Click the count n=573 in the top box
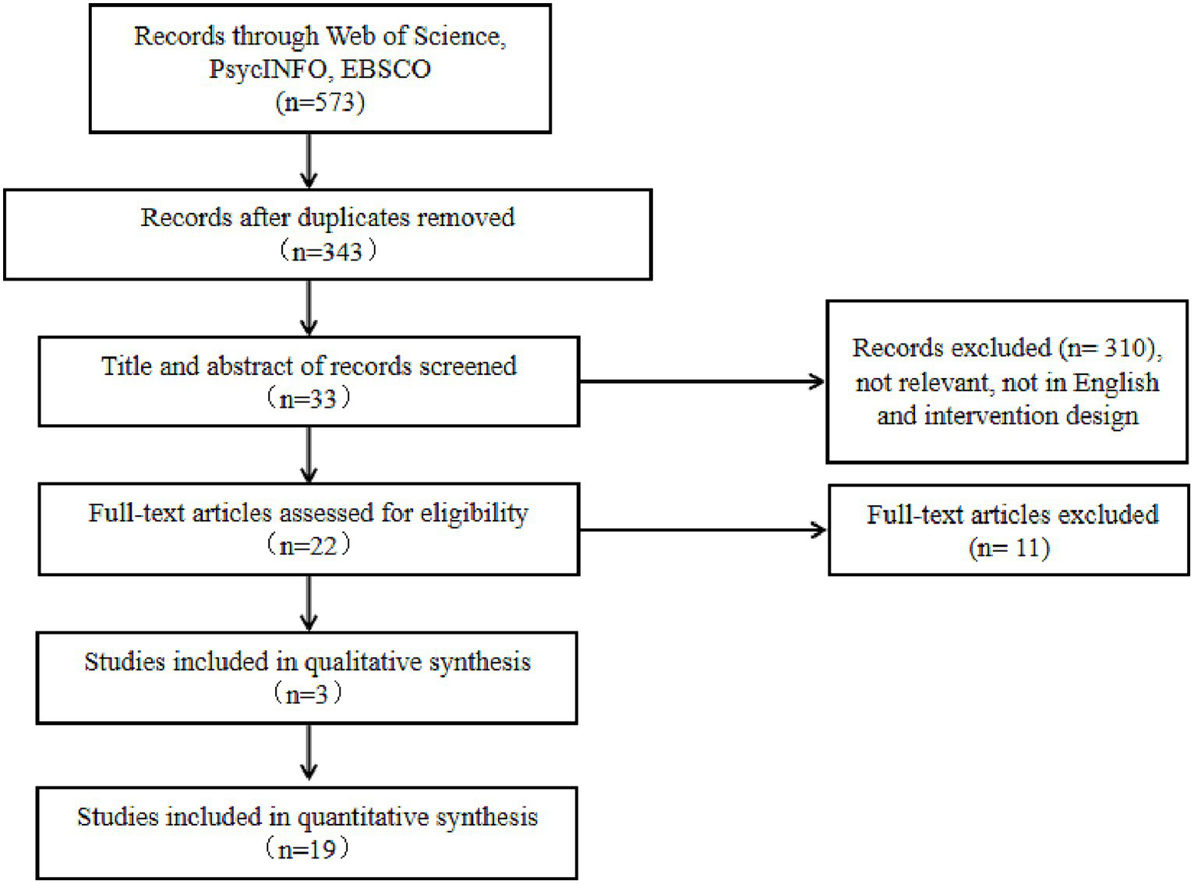pyautogui.click(x=320, y=102)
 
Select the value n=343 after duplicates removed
pyautogui.click(x=327, y=252)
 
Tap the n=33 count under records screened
pyautogui.click(x=308, y=399)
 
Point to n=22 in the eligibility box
pyautogui.click(x=308, y=546)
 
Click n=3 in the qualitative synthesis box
pyautogui.click(x=307, y=694)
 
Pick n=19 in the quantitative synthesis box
pyautogui.click(x=307, y=849)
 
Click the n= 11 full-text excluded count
pyautogui.click(x=1009, y=548)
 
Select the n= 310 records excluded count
pyautogui.click(x=1107, y=348)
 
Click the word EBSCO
pyautogui.click(x=386, y=69)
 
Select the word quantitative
pyautogui.click(x=362, y=818)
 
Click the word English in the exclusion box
pyautogui.click(x=1115, y=383)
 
